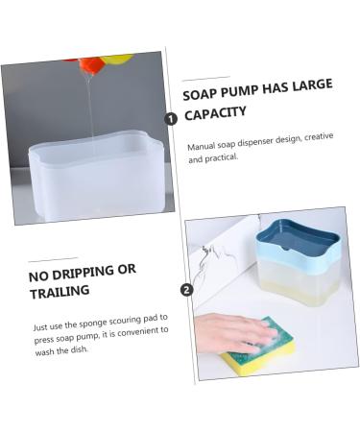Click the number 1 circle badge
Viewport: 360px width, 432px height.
point(171,119)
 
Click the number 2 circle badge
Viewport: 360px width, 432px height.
point(186,289)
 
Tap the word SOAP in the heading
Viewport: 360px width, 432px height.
point(199,94)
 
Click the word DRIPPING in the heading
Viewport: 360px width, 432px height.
point(84,271)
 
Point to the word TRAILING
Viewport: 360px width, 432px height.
point(60,290)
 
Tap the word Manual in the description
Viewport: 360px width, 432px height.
point(203,147)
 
